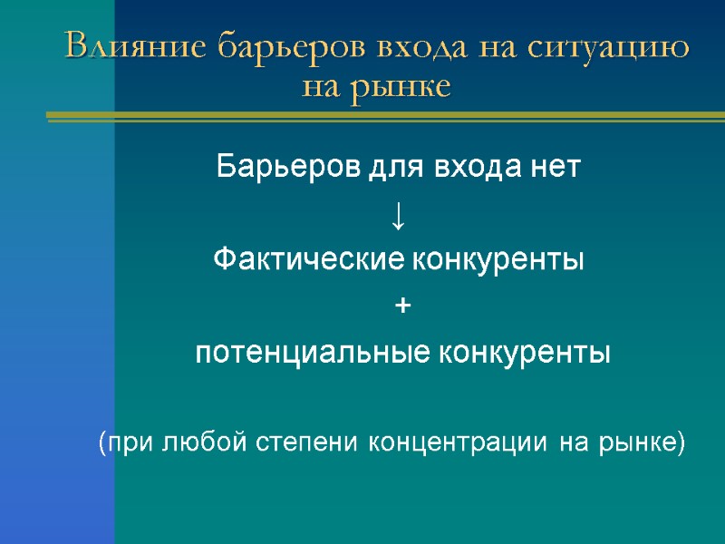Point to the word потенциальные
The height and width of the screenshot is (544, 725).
point(313,353)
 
